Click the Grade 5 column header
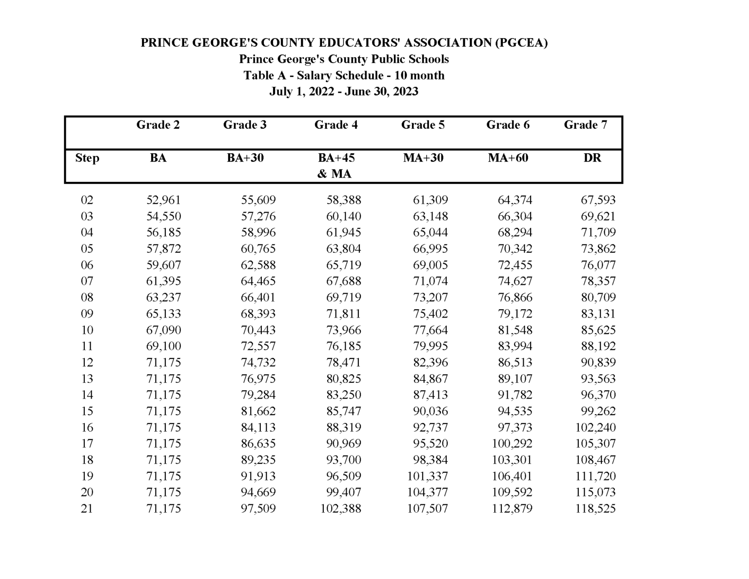point(422,125)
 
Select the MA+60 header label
point(508,158)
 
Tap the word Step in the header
point(87,158)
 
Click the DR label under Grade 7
point(592,158)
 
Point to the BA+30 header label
point(245,158)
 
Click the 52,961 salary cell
point(163,200)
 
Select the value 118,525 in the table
point(595,508)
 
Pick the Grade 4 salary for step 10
point(343,330)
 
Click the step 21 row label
point(87,508)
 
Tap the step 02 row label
point(87,200)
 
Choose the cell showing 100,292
point(512,443)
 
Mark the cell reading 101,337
point(427,476)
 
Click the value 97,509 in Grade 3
point(258,508)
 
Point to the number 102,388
point(340,508)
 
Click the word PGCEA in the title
point(521,43)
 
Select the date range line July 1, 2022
point(344,92)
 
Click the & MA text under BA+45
point(334,174)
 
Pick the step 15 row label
point(87,411)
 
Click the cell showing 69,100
point(163,346)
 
